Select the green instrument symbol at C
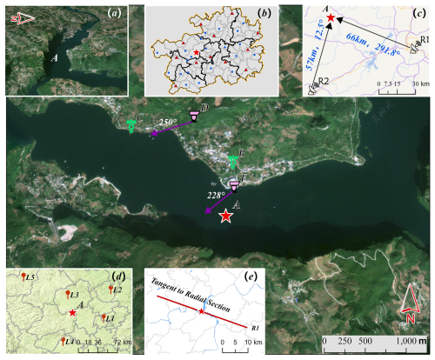click(x=131, y=125)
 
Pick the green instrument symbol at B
click(x=232, y=161)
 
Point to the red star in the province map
click(x=197, y=54)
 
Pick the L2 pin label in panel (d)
click(x=117, y=290)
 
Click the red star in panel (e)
click(x=202, y=310)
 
